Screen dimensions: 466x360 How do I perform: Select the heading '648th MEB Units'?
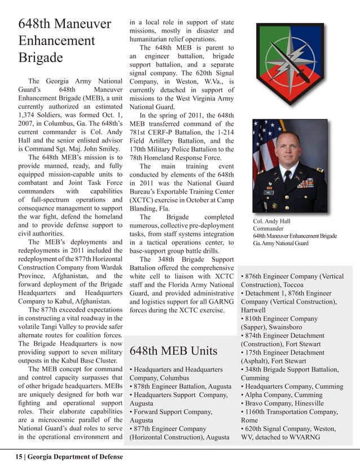tap(173, 351)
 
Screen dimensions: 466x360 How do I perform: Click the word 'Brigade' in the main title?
tap(40, 59)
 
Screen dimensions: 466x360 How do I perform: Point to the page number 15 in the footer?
tap(19, 456)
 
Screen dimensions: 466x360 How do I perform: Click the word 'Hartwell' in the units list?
tap(253, 310)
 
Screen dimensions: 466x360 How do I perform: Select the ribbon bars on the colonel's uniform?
tap(305, 183)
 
